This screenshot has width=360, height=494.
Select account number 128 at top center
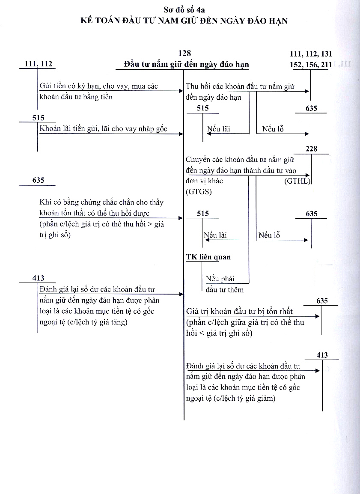coord(184,54)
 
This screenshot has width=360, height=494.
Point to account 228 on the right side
coord(312,149)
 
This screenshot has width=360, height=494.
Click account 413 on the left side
coord(38,278)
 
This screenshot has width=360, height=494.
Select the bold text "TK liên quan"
coord(208,257)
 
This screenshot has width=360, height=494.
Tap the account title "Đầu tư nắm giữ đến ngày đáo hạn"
coord(186,64)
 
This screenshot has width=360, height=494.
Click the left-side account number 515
coord(38,118)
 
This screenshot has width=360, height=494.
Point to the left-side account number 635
coord(38,180)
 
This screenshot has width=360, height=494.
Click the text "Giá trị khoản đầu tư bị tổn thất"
coord(240,311)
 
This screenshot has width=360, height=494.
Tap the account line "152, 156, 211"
coord(311,64)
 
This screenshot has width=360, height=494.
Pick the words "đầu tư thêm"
coord(225,290)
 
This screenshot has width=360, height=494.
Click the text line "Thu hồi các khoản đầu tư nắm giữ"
coord(240,86)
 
